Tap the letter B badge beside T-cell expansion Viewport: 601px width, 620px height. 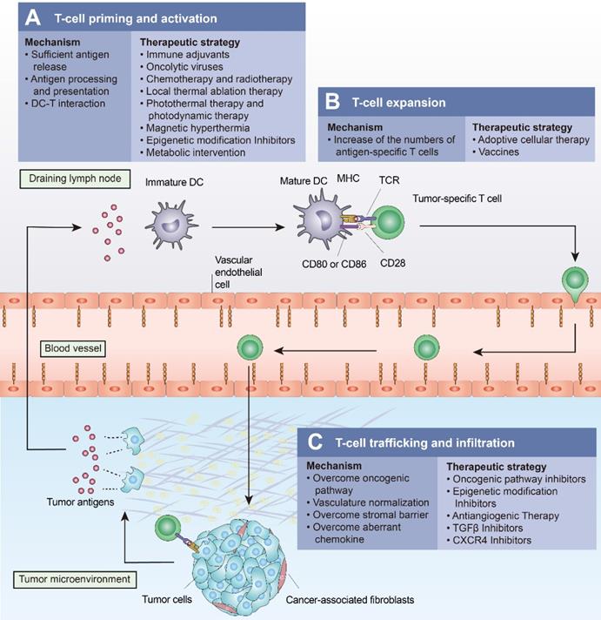pyautogui.click(x=331, y=103)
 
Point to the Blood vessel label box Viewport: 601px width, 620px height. pyautogui.click(x=73, y=348)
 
